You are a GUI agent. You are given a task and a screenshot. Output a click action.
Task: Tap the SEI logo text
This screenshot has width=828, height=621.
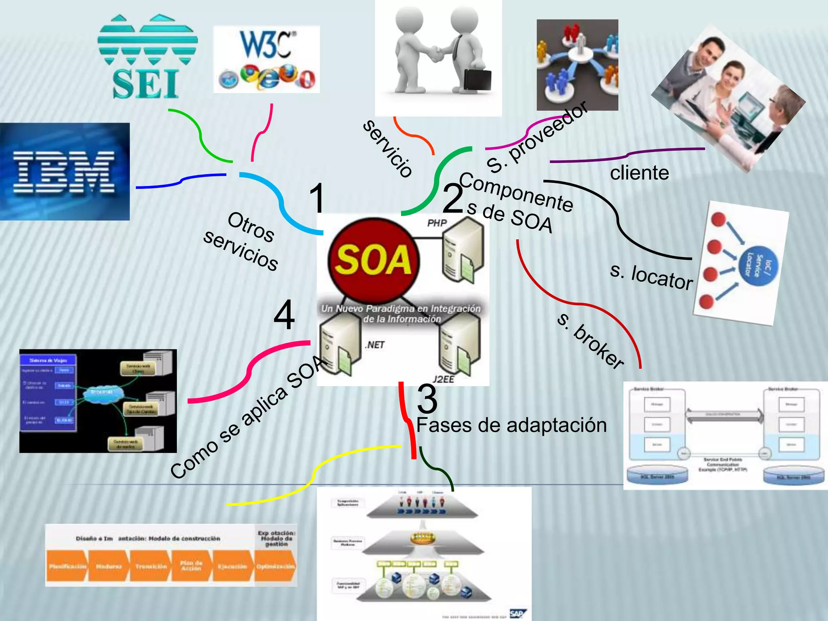coord(145,84)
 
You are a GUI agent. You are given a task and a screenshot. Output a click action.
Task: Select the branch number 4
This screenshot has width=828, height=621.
coord(284,315)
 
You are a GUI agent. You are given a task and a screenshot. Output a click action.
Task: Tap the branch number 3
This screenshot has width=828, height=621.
coord(427,398)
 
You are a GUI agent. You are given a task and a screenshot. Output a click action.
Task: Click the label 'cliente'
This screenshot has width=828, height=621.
coord(639,173)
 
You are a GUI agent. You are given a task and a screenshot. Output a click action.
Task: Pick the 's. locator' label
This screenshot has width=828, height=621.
coord(651,277)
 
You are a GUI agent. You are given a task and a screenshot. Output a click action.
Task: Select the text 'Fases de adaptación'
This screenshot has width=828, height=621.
coord(511,425)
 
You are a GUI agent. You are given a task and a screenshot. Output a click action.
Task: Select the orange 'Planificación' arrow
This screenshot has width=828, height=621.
coord(67,566)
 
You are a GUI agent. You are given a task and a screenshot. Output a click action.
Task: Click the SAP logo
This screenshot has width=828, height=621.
coord(516,614)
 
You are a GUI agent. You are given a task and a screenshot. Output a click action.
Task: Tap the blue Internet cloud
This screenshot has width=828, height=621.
coord(101,392)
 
